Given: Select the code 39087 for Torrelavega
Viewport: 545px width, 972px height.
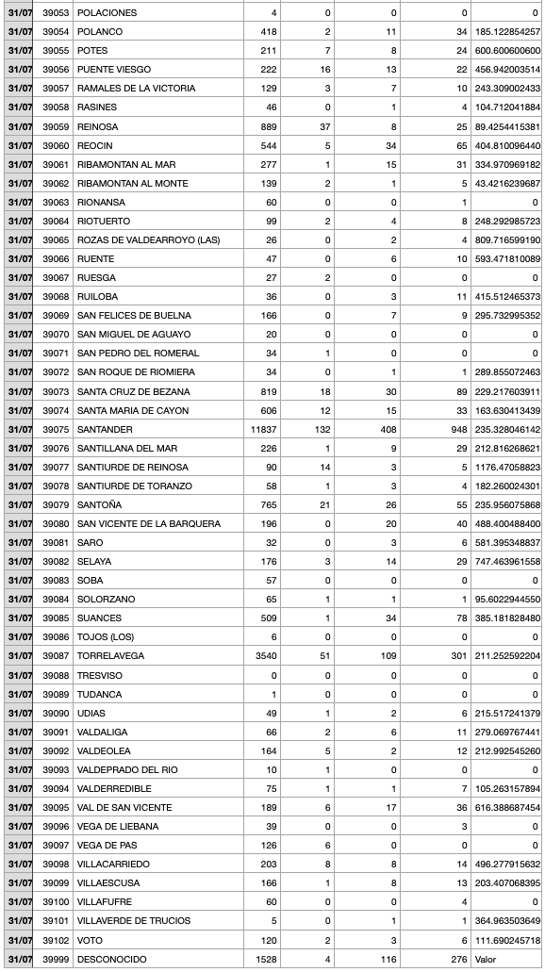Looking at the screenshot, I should click(56, 656).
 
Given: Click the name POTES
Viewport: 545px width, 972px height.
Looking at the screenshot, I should click(92, 50).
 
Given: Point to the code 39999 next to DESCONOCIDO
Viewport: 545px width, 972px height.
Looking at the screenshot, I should click(56, 959).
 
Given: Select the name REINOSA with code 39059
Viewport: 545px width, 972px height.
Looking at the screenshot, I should click(97, 126).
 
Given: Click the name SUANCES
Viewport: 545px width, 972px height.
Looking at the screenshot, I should click(99, 618).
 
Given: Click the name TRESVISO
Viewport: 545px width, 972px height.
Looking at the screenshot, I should click(99, 675).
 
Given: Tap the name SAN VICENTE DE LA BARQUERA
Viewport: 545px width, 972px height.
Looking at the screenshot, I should click(149, 523).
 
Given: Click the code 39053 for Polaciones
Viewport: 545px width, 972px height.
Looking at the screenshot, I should click(56, 12).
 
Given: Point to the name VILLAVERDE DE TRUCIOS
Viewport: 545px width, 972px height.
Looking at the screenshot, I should click(134, 921).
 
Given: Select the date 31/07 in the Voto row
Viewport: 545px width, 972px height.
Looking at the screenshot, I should click(19, 940).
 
